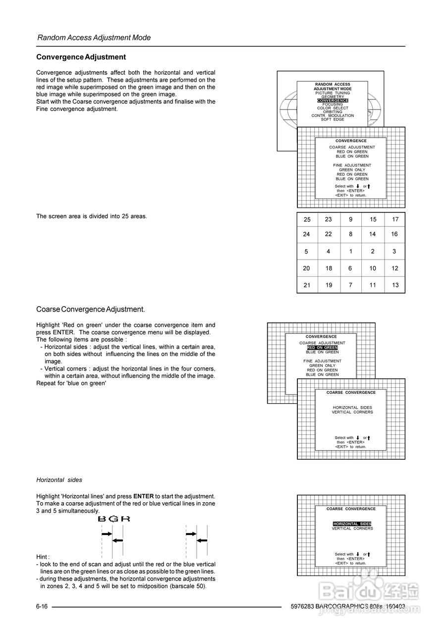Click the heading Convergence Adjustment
click(81, 57)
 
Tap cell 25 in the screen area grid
click(307, 219)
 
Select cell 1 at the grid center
click(351, 251)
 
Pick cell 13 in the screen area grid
click(395, 285)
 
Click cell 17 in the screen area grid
click(395, 219)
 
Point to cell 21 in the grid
click(307, 285)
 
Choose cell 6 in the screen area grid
click(351, 268)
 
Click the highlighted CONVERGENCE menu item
click(333, 101)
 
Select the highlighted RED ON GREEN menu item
click(322, 348)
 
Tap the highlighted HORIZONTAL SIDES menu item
click(352, 524)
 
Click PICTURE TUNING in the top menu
click(333, 93)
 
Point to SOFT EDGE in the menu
click(333, 119)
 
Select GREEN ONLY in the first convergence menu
click(352, 170)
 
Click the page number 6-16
click(42, 607)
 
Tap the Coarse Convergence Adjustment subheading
click(91, 309)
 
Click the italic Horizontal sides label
click(59, 479)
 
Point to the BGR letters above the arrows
click(114, 519)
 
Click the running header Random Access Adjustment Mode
click(94, 38)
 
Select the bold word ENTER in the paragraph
click(144, 496)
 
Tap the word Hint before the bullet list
click(43, 557)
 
